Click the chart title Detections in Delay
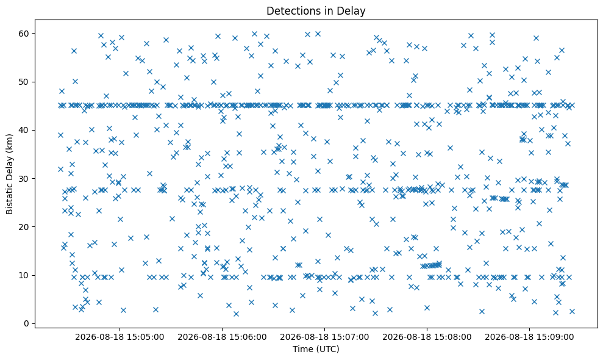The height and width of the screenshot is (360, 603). click(316, 11)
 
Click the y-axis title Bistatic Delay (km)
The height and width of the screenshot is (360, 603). click(9, 174)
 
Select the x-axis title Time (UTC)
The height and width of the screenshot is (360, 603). click(316, 349)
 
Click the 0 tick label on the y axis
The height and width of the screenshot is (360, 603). click(27, 323)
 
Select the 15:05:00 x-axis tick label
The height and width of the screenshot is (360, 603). click(120, 337)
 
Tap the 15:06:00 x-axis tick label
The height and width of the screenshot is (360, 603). click(222, 337)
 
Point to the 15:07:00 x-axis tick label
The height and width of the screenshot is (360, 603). click(324, 337)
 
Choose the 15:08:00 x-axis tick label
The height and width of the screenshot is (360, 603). click(427, 337)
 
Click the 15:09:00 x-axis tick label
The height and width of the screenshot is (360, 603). click(529, 337)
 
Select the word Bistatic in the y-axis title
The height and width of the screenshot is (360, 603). click(9, 198)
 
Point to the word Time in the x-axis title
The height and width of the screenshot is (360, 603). click(302, 349)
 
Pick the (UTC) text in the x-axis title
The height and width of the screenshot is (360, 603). click(327, 349)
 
